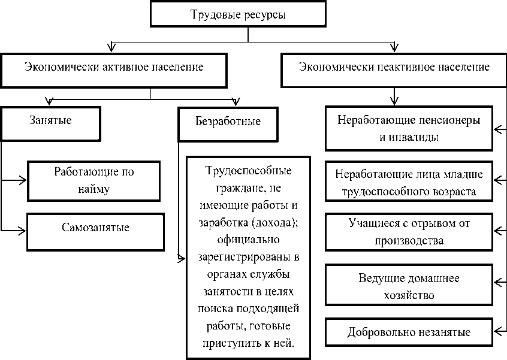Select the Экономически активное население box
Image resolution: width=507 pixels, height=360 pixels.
coord(113,68)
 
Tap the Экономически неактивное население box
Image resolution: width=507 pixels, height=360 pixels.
coord(394,67)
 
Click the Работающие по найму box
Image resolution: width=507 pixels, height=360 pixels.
coord(94,181)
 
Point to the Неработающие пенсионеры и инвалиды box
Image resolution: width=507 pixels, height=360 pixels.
coord(409,128)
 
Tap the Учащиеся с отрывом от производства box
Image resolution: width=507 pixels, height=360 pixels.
coord(409,232)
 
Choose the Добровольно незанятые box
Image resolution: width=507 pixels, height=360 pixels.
coord(409,332)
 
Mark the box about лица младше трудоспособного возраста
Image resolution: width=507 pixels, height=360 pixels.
coord(409,183)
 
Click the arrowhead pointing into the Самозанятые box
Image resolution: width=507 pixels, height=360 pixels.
coord(23,229)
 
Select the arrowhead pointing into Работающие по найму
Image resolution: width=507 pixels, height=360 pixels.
coord(23,180)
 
